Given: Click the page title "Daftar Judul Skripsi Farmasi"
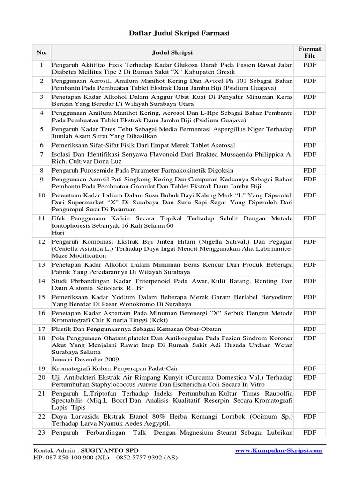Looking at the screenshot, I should click(x=180, y=33).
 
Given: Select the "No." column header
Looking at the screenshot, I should click(x=41, y=52).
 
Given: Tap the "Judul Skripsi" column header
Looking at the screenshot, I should click(x=172, y=52).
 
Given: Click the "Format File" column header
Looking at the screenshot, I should click(x=310, y=52).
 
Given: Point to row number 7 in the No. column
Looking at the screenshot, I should click(x=41, y=154).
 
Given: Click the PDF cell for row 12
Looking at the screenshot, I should click(x=310, y=241).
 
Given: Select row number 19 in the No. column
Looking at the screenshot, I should click(x=41, y=368).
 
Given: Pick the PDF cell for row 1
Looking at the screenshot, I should click(x=310, y=65).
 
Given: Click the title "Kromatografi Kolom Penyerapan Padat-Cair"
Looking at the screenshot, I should click(x=115, y=368).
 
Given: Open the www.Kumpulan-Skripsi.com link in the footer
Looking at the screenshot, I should click(x=278, y=451).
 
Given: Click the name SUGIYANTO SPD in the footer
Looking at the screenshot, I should click(x=110, y=451).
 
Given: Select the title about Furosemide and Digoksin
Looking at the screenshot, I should click(x=142, y=170).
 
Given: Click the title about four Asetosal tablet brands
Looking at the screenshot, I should click(x=143, y=145).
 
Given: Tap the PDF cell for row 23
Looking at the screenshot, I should click(x=310, y=433).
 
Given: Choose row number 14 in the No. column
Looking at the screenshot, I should click(x=41, y=281).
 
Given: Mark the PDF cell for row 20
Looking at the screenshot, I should click(x=310, y=377).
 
